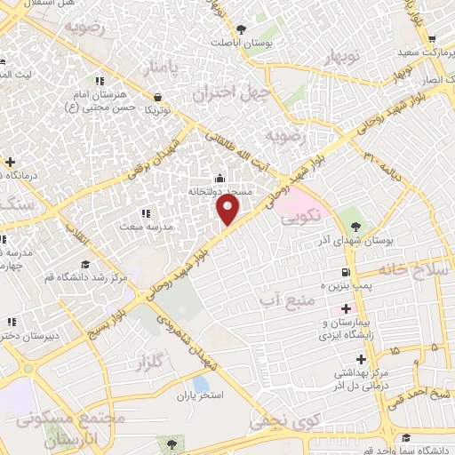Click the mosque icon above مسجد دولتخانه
pos(220,178)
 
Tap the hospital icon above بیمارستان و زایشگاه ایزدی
pos(345,307)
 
